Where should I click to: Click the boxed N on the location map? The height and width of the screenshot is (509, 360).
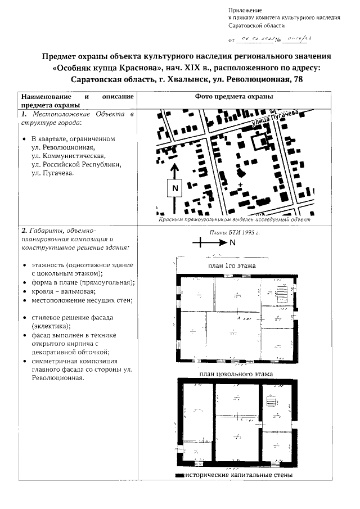[174, 188]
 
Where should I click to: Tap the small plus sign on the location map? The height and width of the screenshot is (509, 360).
[241, 184]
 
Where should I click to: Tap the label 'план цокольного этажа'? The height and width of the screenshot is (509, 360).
[236, 373]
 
